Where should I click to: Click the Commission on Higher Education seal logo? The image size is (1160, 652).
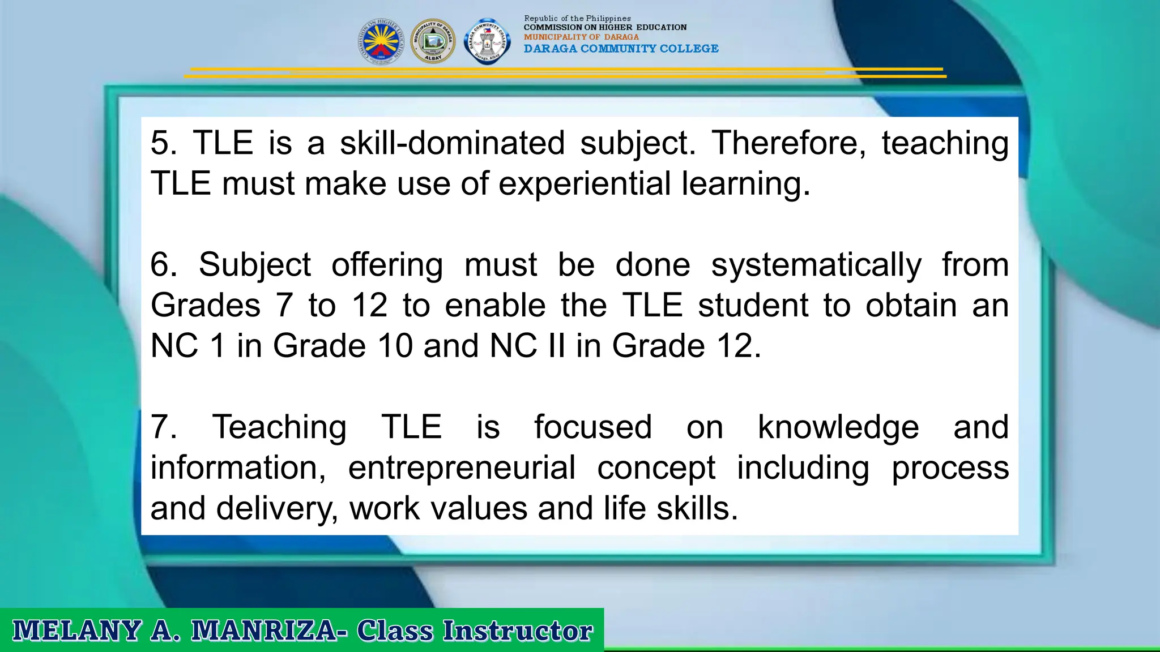(x=381, y=41)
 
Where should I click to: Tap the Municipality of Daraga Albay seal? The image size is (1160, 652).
(x=433, y=41)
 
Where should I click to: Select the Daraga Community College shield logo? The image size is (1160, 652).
(x=487, y=41)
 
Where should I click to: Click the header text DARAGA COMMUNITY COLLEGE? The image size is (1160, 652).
(x=621, y=49)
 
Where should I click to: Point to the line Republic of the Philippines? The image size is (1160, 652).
(x=577, y=19)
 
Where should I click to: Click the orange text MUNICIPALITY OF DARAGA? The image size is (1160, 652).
(x=581, y=37)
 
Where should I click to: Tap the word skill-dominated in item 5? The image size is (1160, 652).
(x=452, y=143)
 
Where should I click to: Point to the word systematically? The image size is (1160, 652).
(x=816, y=265)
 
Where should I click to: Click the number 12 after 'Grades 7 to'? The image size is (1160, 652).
(x=369, y=306)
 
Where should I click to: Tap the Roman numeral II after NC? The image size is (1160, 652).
(x=556, y=346)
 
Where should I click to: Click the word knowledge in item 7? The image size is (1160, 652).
(x=838, y=427)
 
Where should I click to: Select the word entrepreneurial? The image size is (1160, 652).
(x=462, y=468)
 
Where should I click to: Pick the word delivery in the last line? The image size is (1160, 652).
(x=277, y=508)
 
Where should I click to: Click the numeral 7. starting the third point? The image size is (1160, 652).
(x=164, y=427)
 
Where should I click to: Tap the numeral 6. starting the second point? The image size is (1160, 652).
(x=164, y=265)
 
